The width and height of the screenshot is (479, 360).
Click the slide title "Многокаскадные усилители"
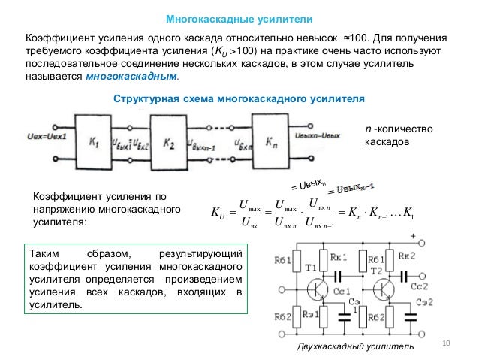(239, 18)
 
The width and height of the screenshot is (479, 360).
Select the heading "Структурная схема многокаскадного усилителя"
(238, 99)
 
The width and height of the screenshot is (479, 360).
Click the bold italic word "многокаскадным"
(133, 77)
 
